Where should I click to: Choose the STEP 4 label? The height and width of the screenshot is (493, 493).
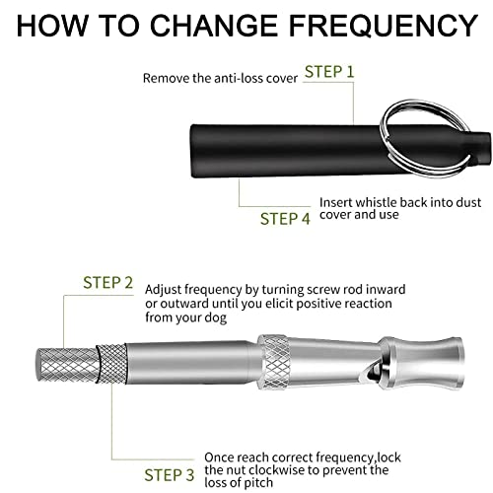point(285,218)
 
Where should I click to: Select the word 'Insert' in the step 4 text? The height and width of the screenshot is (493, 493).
point(336,201)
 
